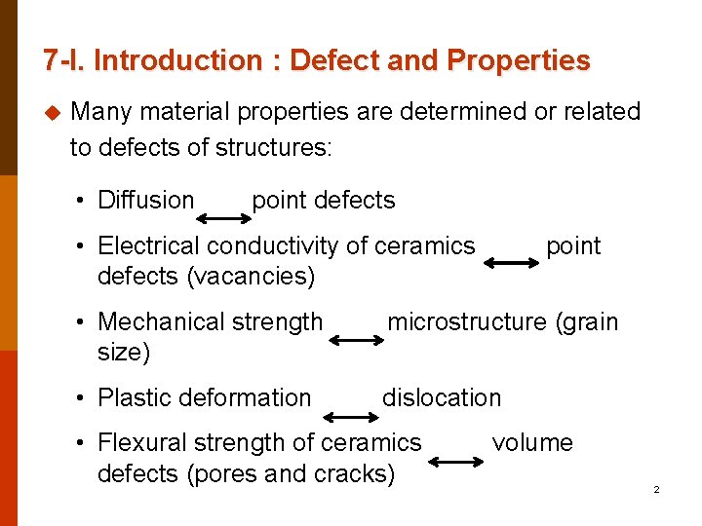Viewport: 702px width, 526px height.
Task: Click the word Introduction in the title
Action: coord(178,60)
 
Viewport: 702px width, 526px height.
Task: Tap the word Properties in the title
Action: coord(518,60)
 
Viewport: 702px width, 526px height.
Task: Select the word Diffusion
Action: coord(146,201)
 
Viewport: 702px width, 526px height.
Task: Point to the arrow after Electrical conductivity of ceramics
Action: coord(510,262)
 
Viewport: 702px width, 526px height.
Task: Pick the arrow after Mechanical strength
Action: coord(356,340)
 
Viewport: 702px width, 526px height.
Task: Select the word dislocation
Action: coord(442,397)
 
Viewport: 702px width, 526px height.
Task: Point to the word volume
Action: coord(532,443)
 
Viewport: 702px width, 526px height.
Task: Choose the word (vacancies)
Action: coord(251,277)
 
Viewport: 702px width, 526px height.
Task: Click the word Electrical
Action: coord(149,246)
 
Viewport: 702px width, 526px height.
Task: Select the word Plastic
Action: coord(133,397)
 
